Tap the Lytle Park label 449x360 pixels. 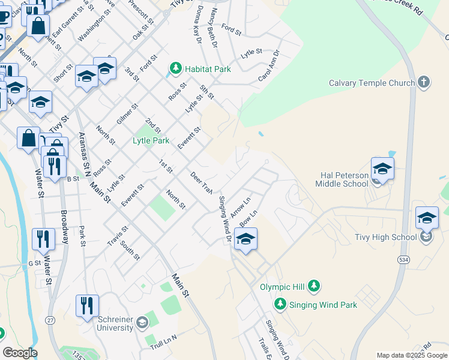click(151, 140)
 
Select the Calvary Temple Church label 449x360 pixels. click(372, 83)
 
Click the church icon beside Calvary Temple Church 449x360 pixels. click(424, 82)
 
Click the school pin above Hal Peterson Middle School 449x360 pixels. click(382, 169)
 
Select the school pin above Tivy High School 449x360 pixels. click(427, 218)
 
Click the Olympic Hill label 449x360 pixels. click(283, 287)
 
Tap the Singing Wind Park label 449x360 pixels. click(323, 305)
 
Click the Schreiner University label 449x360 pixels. click(115, 324)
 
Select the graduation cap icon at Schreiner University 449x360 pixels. click(142, 323)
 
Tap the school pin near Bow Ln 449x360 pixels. click(246, 239)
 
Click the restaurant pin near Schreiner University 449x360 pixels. click(88, 305)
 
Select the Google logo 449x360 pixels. click(20, 353)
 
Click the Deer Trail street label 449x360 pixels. click(201, 183)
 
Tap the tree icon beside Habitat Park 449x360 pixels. click(176, 69)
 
